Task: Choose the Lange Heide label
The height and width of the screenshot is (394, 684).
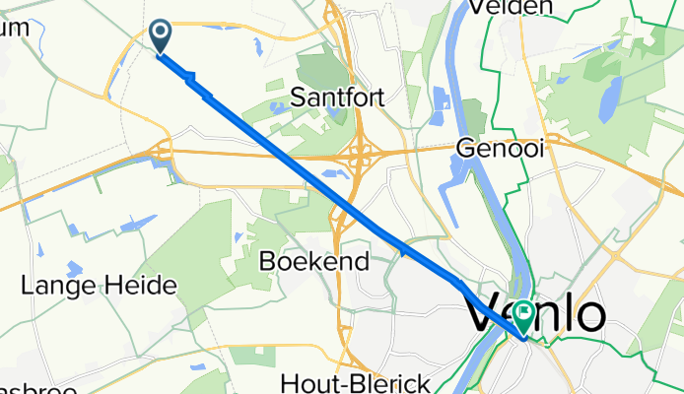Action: tap(99, 287)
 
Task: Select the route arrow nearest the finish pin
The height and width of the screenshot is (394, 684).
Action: tap(460, 283)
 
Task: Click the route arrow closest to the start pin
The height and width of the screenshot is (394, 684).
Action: tap(190, 79)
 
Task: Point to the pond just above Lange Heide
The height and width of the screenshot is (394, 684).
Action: tap(75, 268)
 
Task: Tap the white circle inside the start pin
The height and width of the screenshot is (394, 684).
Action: tap(160, 33)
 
